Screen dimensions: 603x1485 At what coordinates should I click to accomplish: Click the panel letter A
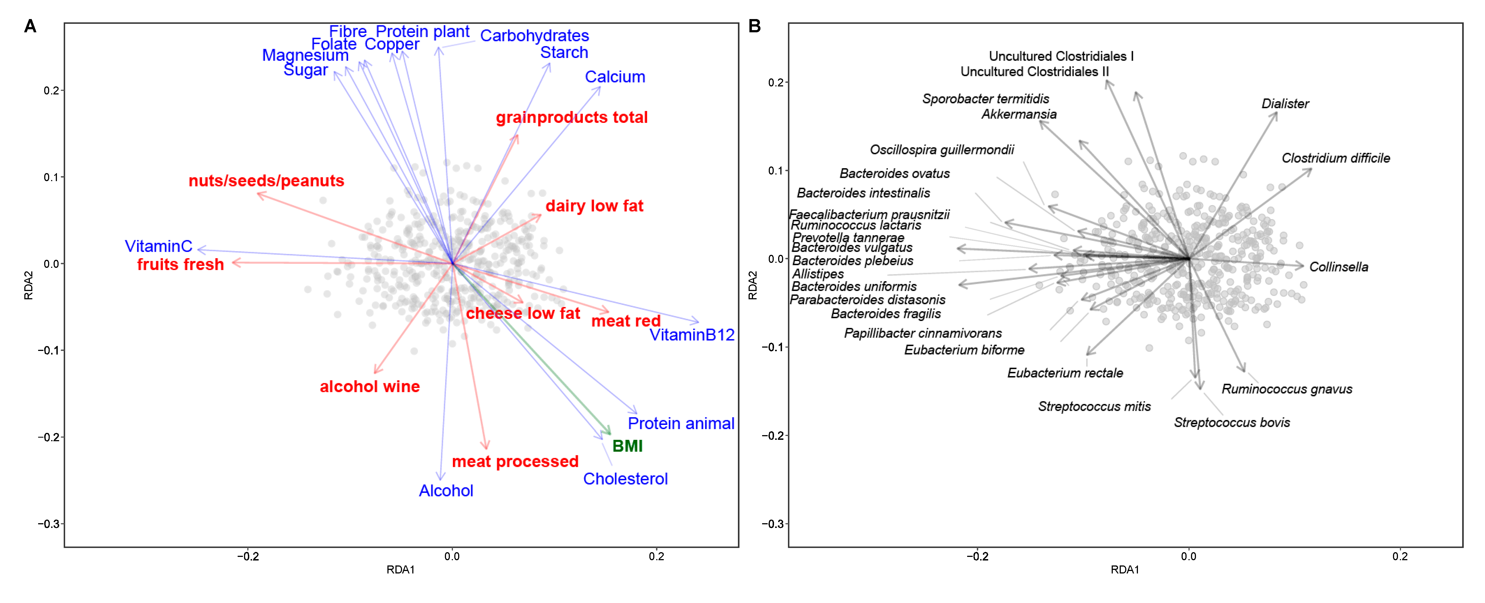[x=30, y=27]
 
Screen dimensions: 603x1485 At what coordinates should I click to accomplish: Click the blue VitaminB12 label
[x=692, y=335]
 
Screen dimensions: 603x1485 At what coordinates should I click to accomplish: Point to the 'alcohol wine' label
[x=369, y=387]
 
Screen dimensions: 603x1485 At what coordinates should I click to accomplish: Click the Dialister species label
[x=1285, y=104]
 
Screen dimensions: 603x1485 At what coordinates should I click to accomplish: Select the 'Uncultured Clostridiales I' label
[x=1061, y=56]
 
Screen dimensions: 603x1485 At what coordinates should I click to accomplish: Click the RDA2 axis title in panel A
[x=28, y=286]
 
